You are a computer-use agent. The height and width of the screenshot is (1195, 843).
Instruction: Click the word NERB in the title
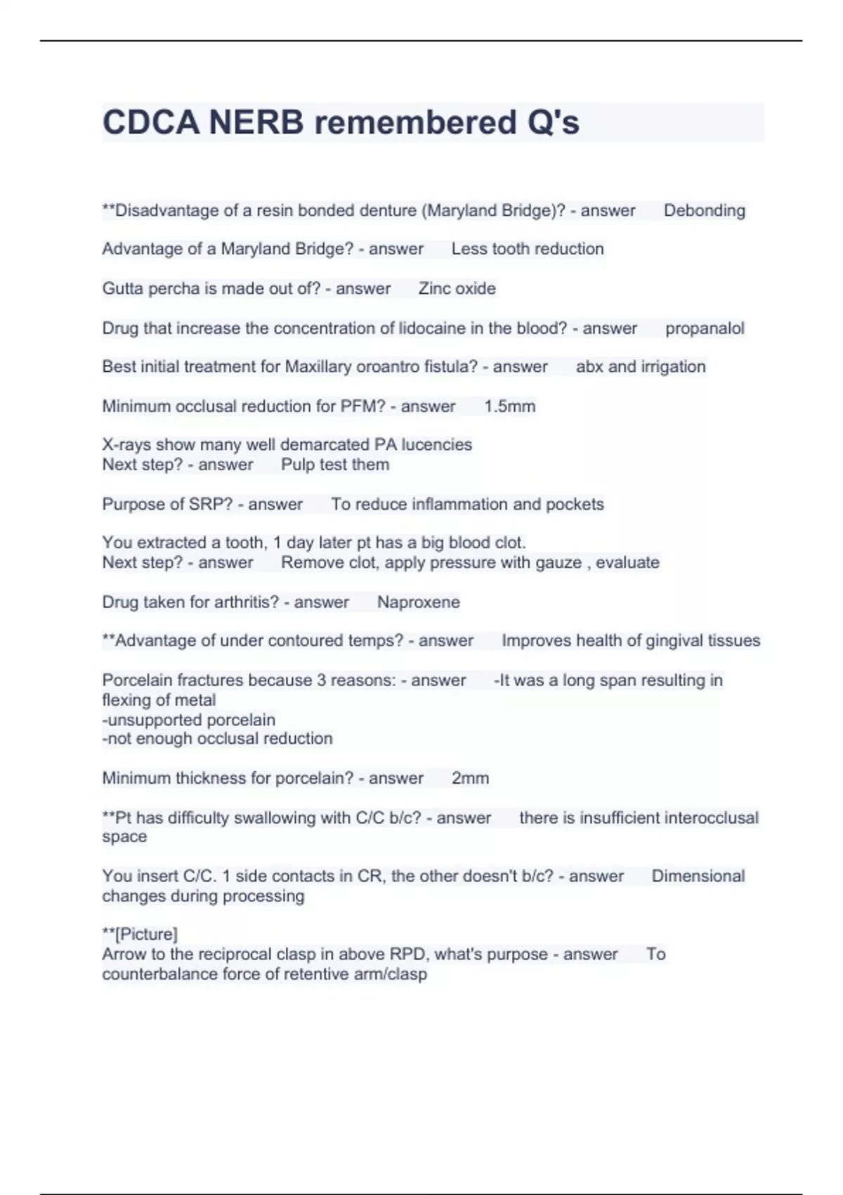[x=256, y=122]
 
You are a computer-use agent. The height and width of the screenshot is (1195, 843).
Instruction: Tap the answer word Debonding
[x=704, y=210]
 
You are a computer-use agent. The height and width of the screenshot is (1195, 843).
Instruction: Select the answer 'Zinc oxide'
[x=457, y=288]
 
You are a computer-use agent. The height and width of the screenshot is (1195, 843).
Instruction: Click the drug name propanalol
[x=705, y=328]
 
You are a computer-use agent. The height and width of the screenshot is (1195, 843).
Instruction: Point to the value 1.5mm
[x=509, y=406]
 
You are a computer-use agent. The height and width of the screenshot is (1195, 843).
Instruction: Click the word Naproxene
[x=418, y=602]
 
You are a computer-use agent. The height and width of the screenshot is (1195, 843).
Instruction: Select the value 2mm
[x=470, y=778]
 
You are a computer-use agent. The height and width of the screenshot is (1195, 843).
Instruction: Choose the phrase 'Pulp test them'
[x=334, y=465]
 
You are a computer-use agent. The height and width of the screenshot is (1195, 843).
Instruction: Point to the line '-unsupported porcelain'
[x=188, y=720]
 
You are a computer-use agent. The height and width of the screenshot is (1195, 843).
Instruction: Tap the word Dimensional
[x=698, y=876]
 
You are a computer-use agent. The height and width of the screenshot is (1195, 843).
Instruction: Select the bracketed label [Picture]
[x=146, y=934]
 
